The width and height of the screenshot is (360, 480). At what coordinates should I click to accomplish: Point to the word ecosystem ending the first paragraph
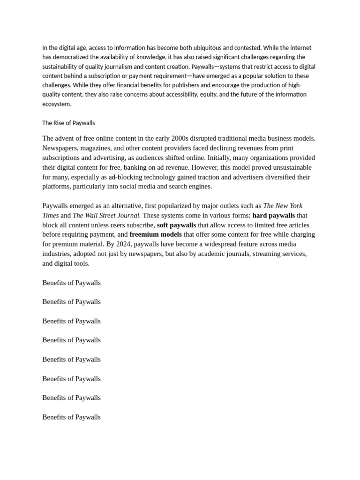point(56,104)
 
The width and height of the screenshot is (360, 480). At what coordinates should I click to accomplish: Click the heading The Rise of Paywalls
point(68,123)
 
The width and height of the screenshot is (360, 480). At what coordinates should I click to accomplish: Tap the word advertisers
point(234,177)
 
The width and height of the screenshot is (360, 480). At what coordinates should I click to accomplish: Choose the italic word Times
point(50,216)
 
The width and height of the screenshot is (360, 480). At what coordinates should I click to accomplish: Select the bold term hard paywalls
point(273,216)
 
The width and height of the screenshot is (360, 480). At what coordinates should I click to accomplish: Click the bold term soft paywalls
point(176,225)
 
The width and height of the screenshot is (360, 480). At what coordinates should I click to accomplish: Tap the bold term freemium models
point(156,234)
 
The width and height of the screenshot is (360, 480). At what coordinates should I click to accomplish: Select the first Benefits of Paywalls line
point(71,283)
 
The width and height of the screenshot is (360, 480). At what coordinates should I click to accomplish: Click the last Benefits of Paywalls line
point(71,417)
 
